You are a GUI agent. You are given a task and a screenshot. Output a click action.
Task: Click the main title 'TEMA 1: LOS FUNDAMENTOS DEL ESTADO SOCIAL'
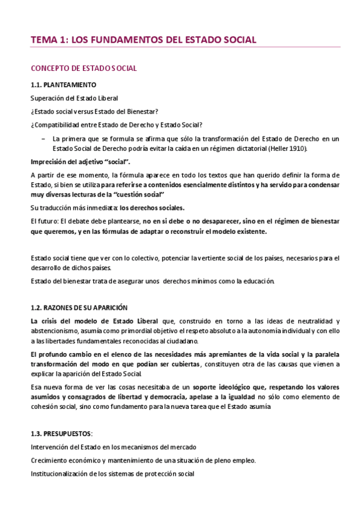click(x=144, y=40)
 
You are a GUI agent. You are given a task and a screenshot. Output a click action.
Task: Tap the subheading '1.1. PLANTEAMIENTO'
click(x=63, y=85)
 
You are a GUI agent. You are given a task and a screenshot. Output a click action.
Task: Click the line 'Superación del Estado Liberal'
click(x=75, y=98)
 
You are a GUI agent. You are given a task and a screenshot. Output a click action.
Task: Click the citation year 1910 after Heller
click(x=299, y=148)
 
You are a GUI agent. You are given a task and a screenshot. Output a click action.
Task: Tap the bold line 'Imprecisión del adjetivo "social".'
click(x=81, y=162)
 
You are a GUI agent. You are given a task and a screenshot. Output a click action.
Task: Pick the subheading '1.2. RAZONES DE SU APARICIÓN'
click(x=79, y=307)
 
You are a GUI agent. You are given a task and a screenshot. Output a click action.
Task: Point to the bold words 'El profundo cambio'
click(x=62, y=353)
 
